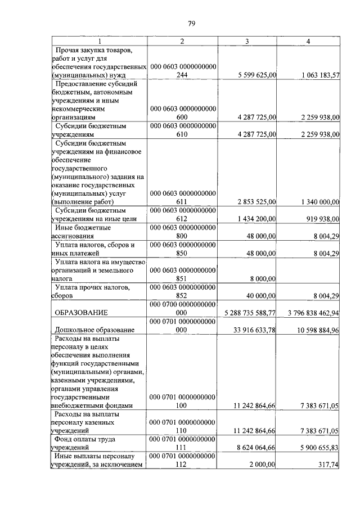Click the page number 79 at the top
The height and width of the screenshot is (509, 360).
pos(191,23)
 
